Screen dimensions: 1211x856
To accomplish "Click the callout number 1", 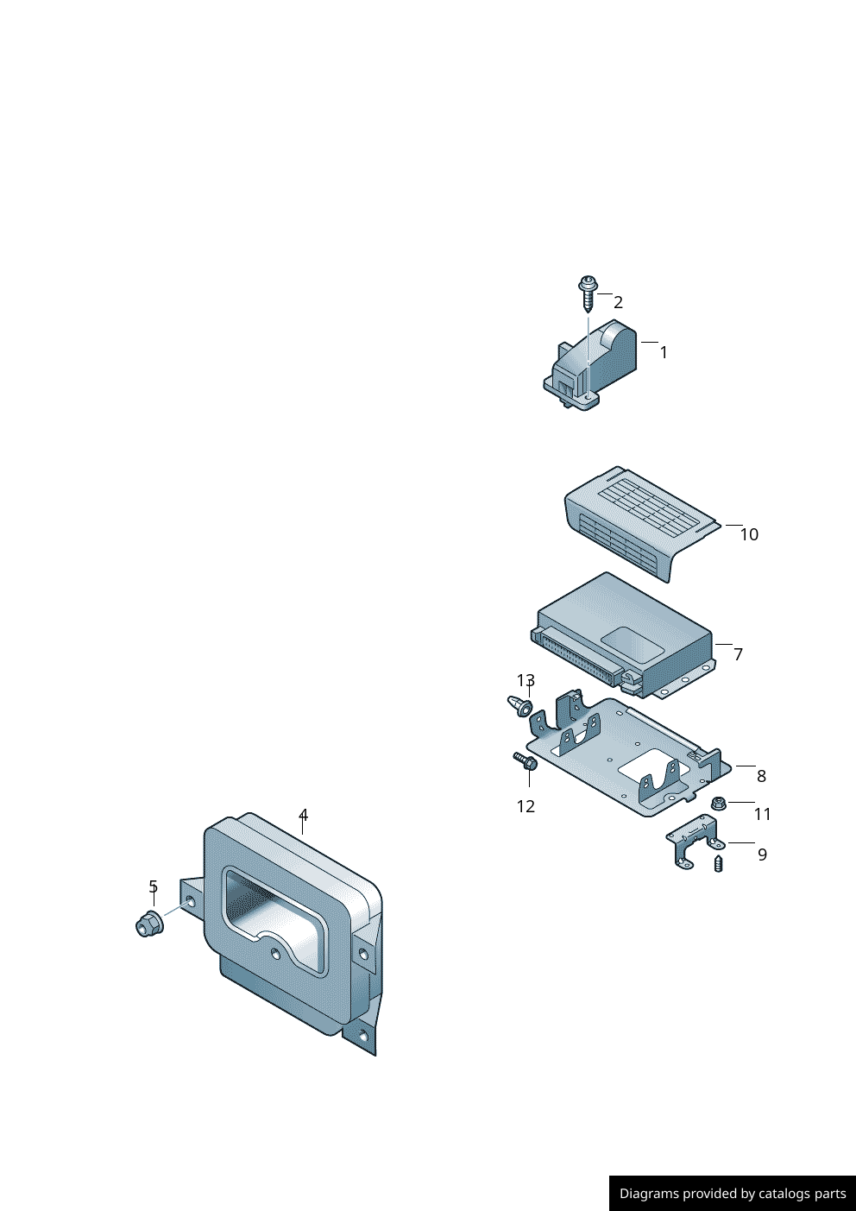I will [x=664, y=352].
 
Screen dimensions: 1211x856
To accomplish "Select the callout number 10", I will [x=748, y=534].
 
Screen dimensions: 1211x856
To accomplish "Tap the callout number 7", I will [x=738, y=654].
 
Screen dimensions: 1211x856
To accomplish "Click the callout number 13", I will [x=526, y=681].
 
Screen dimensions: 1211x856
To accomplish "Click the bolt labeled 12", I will [x=526, y=761].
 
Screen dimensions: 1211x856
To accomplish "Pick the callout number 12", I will [x=526, y=806].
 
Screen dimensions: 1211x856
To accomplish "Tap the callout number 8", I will [x=761, y=776].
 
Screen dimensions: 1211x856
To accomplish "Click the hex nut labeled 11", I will [x=718, y=804].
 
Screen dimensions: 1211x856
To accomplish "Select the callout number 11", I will [x=762, y=814].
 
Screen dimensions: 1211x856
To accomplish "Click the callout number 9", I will [x=762, y=855].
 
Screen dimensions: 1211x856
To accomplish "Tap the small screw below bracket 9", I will [x=719, y=863].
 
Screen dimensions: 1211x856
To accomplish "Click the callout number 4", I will [x=303, y=815].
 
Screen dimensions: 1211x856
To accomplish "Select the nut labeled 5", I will [x=148, y=924].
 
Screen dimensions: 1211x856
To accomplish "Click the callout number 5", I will [x=153, y=886].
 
